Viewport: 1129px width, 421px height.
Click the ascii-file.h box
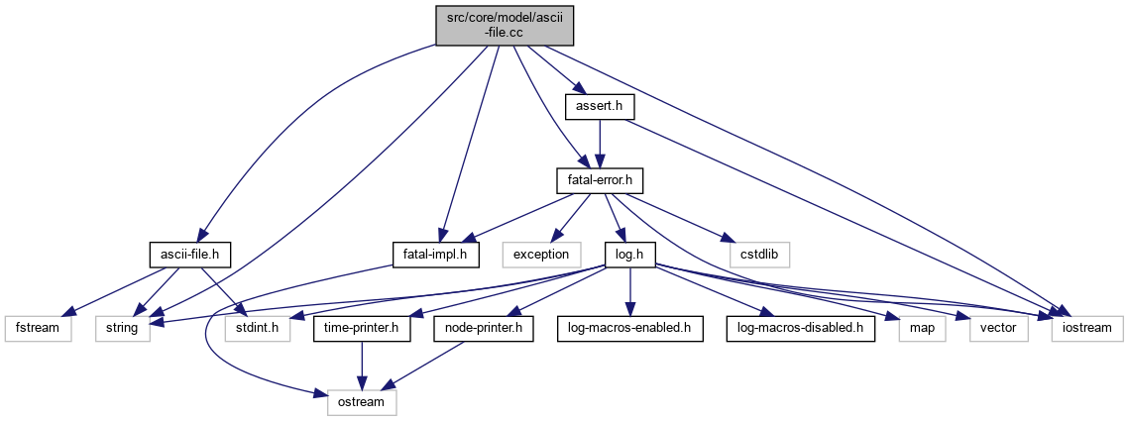click(x=189, y=254)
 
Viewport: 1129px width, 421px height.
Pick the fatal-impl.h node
click(x=436, y=254)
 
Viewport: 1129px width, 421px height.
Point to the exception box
click(x=540, y=254)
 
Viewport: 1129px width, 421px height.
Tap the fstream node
click(x=38, y=328)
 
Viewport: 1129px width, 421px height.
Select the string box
click(x=123, y=328)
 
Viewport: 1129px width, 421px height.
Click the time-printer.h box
click(x=362, y=328)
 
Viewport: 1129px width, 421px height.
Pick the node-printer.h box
click(x=480, y=328)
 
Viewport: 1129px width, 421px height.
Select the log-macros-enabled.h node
click(x=629, y=328)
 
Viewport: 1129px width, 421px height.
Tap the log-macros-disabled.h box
click(x=801, y=328)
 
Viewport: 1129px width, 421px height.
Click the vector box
click(x=999, y=328)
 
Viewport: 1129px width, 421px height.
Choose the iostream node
click(x=1087, y=328)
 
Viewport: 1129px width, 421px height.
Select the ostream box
click(x=362, y=402)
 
